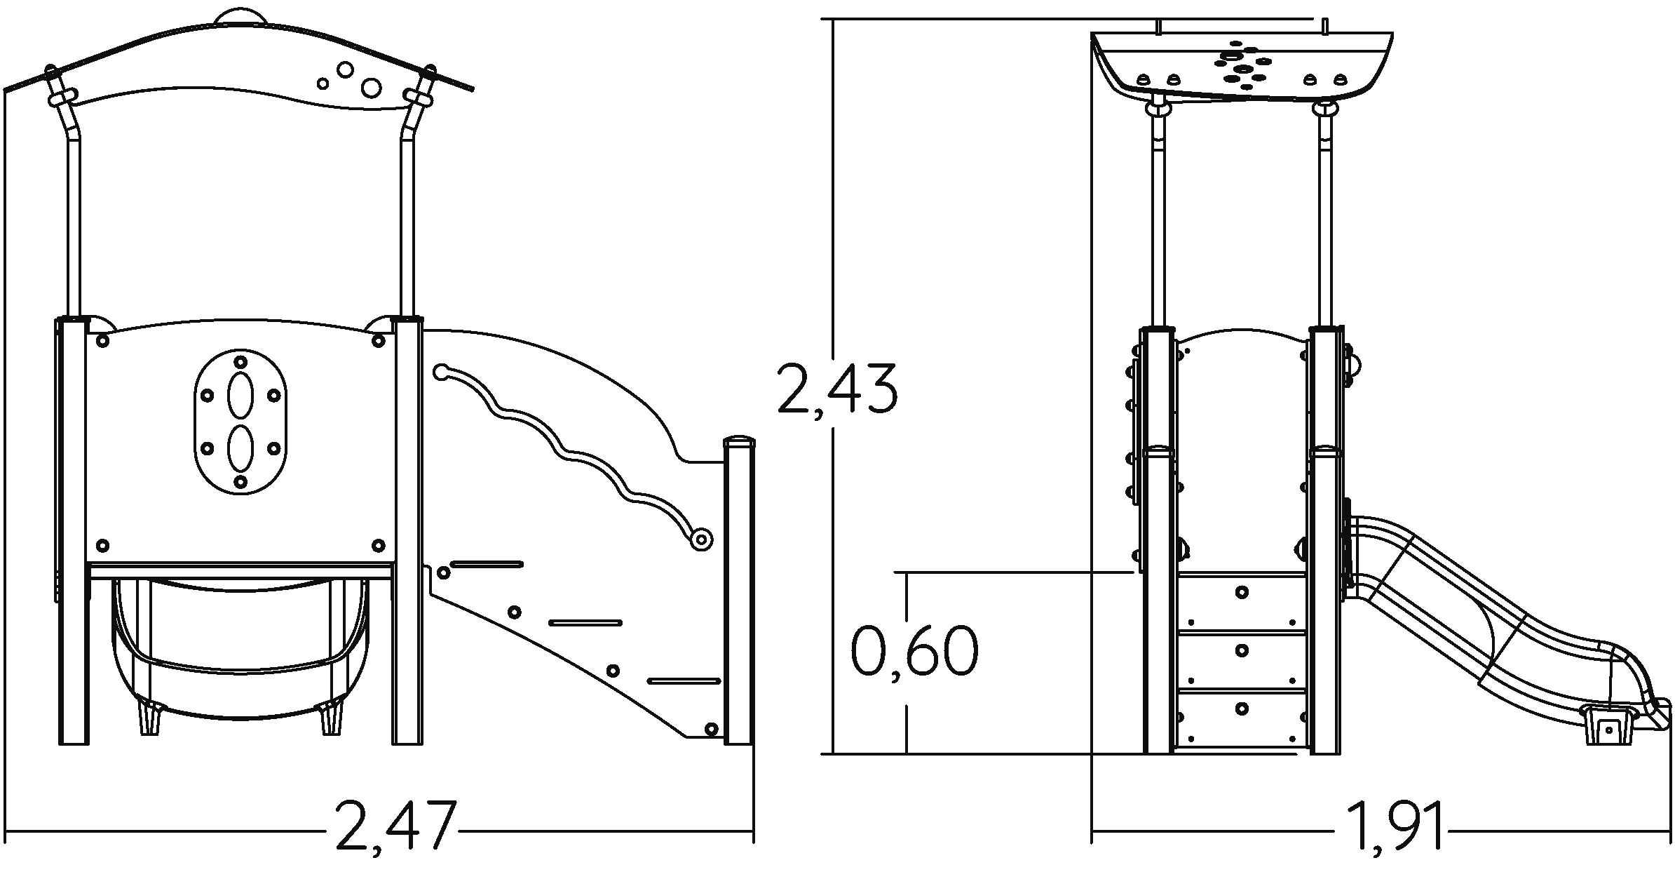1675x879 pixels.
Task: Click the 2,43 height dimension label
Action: pos(837,388)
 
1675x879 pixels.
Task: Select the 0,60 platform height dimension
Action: pos(914,652)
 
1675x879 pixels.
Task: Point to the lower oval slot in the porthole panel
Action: pos(240,448)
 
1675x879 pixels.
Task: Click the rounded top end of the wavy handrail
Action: pos(441,371)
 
